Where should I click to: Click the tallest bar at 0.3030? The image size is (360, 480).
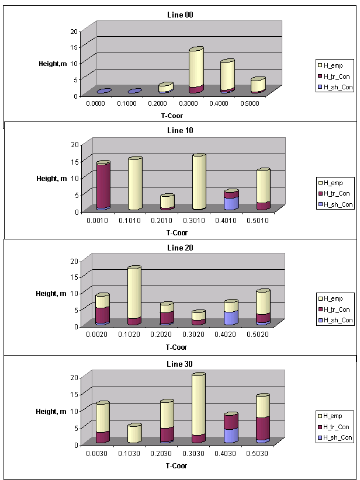point(198,409)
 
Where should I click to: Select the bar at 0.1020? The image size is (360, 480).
point(134,295)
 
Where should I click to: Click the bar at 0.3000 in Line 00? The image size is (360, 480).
point(196,71)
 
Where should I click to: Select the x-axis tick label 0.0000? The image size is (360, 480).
point(96,103)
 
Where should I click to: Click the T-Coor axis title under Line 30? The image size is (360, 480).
point(176,465)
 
